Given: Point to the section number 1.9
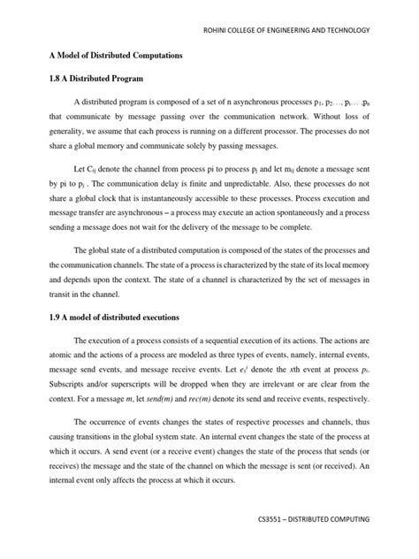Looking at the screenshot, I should [x=55, y=317].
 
